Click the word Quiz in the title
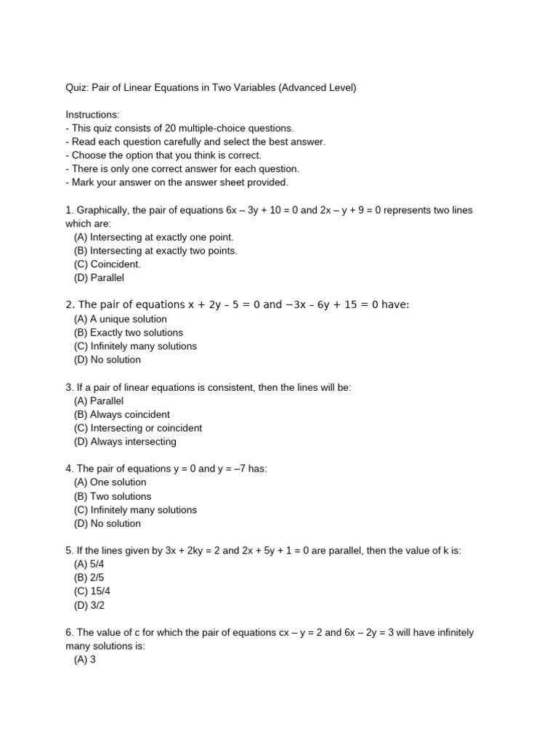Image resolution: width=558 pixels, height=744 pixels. [x=76, y=88]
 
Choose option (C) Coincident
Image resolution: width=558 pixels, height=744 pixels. [x=107, y=264]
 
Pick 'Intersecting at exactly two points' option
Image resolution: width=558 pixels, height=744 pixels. [x=155, y=251]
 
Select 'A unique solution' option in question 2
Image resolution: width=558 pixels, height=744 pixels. [x=120, y=319]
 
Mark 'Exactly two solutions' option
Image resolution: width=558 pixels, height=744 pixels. [x=128, y=333]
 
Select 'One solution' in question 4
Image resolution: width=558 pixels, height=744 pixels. [x=110, y=482]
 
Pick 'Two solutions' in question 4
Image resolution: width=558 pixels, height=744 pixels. [x=113, y=496]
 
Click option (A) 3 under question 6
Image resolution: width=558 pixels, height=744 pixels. [x=85, y=659]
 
